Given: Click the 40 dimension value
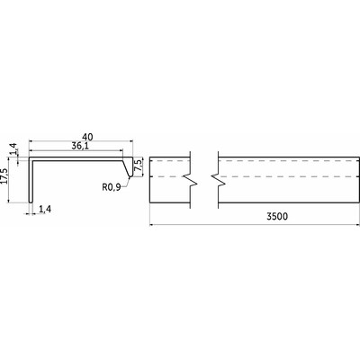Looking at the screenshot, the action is [87, 137].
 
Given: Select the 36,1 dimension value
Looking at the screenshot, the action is [79, 146].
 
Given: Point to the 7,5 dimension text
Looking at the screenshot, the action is [139, 166].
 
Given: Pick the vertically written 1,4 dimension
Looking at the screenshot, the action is [13, 148].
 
